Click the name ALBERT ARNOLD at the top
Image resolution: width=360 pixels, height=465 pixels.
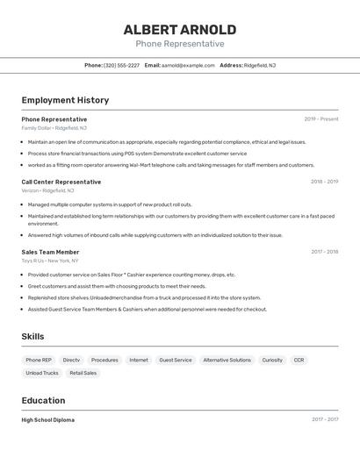point(180,29)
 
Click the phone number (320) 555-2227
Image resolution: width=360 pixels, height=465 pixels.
point(122,65)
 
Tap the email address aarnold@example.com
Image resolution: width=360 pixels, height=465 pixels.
point(188,65)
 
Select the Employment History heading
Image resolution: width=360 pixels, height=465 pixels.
point(65,100)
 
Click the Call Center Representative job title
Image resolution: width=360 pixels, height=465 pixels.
point(61,182)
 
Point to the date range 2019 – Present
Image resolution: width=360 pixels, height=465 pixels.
point(321,118)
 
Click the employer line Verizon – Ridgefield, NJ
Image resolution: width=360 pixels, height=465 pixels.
point(47,190)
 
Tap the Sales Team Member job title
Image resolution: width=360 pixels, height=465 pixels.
point(50,252)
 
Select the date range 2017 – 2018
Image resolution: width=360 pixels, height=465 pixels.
point(324,252)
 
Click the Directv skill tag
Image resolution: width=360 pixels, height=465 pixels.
point(71,360)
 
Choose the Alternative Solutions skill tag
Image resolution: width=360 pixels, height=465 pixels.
point(227,360)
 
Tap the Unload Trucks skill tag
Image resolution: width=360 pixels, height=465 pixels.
point(41,373)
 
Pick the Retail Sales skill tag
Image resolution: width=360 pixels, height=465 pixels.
point(83,373)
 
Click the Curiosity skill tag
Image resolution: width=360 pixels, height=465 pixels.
point(272,360)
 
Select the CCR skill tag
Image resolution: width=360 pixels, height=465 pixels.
point(299,360)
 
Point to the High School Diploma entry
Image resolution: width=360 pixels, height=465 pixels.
point(48,419)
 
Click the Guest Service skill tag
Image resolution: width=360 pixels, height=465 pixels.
point(176,360)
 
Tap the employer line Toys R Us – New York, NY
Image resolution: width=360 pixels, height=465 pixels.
point(50,261)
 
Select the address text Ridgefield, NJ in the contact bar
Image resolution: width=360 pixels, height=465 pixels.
point(260,65)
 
